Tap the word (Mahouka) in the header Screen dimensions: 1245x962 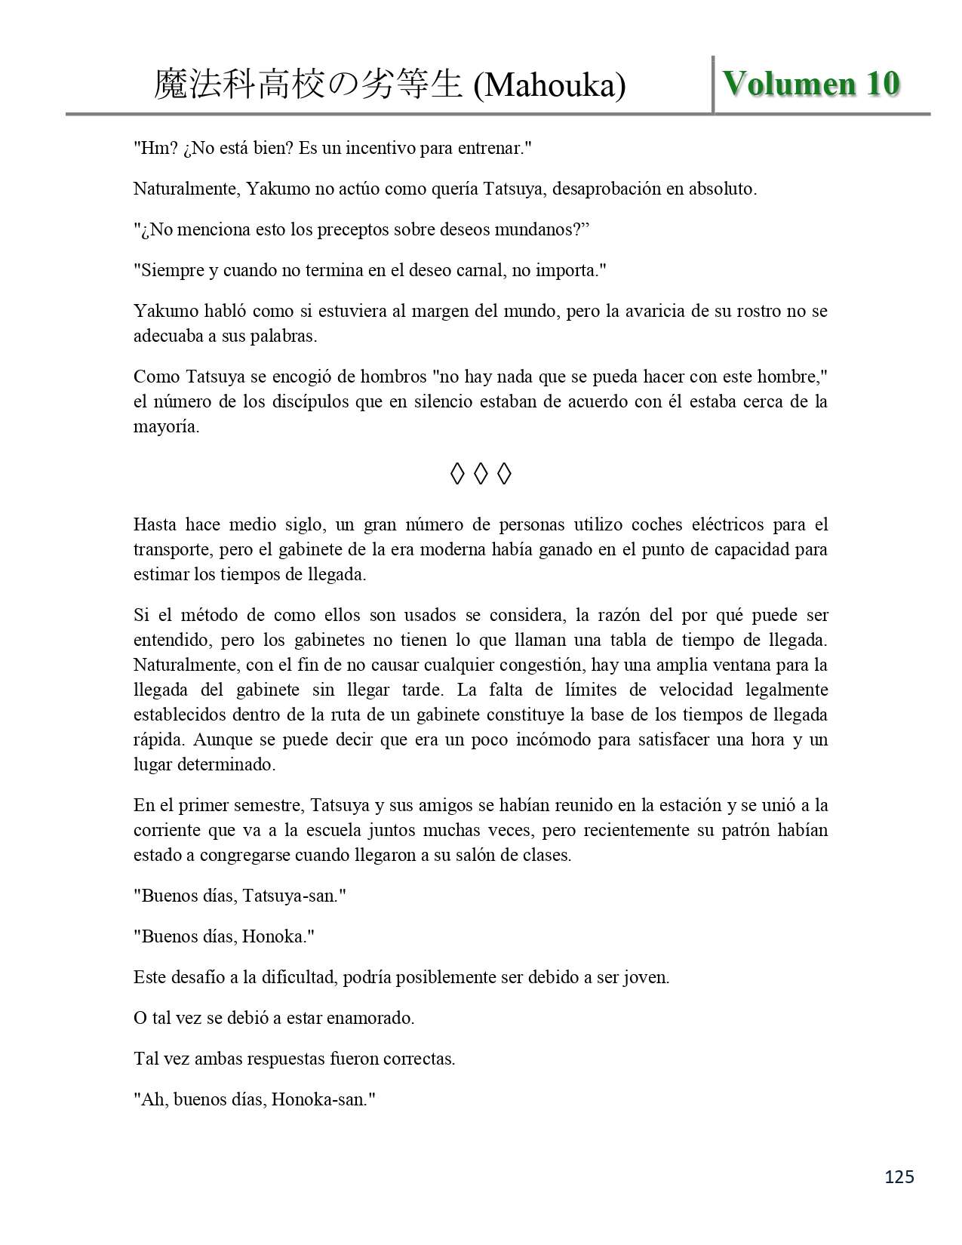click(549, 86)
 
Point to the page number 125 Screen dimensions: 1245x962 click(898, 1176)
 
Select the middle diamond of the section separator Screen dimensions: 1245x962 click(481, 474)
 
